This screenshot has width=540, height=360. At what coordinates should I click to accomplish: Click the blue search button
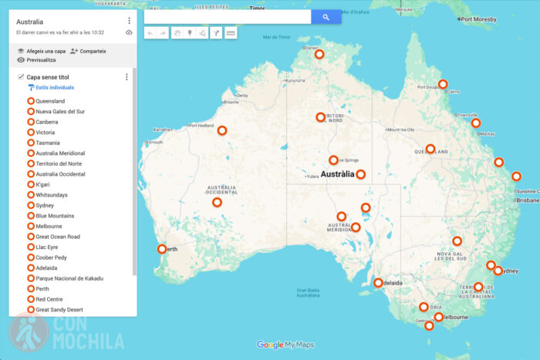tap(326, 17)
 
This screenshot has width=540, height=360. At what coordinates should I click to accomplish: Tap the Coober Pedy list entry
tap(51, 257)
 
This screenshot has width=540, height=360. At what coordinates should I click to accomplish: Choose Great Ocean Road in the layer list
tap(58, 237)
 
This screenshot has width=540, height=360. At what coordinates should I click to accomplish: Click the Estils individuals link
tap(54, 88)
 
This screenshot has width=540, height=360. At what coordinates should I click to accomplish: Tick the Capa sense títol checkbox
tap(21, 77)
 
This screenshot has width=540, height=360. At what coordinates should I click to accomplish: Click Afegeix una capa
tap(42, 51)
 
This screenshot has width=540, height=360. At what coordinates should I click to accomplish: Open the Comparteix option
tap(88, 51)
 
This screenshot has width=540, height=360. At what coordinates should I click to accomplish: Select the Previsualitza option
tap(41, 60)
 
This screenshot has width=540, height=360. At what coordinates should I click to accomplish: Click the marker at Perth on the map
tap(162, 249)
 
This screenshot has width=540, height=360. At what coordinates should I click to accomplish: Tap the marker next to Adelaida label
tap(378, 283)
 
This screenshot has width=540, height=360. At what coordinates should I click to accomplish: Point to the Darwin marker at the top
tap(319, 54)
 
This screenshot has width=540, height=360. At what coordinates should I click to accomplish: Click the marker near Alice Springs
tap(333, 160)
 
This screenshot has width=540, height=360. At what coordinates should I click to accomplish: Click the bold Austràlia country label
tap(336, 174)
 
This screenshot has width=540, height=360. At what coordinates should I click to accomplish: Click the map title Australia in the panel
tap(30, 22)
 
